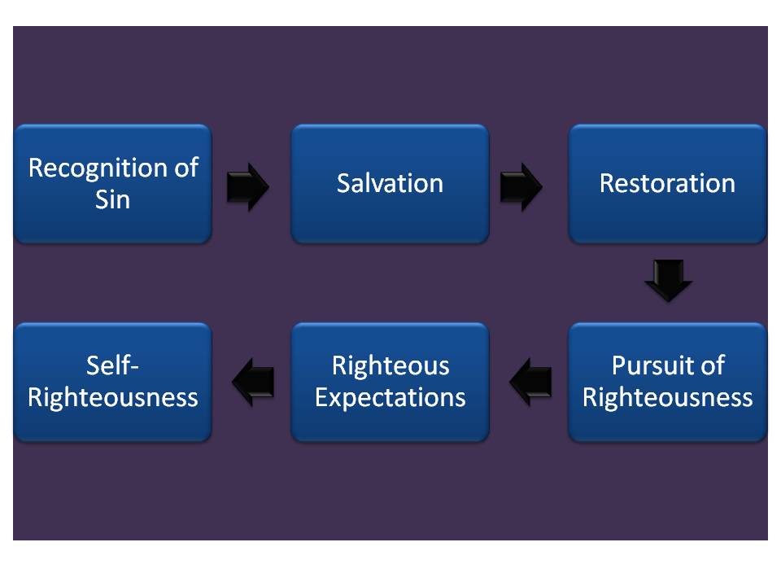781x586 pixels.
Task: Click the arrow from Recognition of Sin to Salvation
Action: coord(247,187)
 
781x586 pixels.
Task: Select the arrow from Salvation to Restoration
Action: coord(520,187)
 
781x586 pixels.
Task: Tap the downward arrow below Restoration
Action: coord(668,280)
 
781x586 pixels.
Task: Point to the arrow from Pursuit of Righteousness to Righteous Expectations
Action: coord(530,382)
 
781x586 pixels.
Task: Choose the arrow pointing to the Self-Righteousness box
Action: coord(253,382)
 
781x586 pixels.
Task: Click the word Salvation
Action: coord(390,183)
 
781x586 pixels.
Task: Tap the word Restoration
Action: coord(667,183)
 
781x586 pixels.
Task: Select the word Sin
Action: coord(113,199)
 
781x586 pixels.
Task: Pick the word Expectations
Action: coord(390,397)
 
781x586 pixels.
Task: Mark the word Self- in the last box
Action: coord(113,365)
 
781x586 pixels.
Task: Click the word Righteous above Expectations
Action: coord(390,365)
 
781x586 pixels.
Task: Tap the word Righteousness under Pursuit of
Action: coord(667,397)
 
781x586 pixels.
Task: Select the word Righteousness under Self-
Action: coord(113,397)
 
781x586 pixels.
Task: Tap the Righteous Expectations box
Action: coord(390,423)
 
